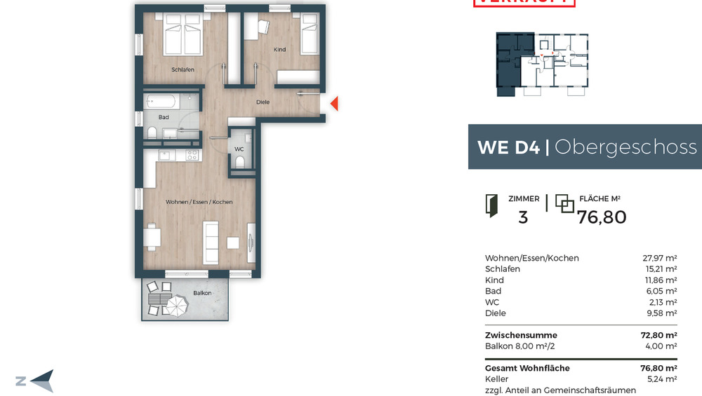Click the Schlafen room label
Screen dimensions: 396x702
(183, 69)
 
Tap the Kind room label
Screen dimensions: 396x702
(279, 50)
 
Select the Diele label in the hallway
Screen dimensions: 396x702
(263, 102)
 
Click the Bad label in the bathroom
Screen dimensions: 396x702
(164, 117)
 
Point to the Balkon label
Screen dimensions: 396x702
(202, 293)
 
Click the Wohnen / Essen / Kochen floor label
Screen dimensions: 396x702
(199, 202)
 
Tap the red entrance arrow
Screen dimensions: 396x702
(334, 104)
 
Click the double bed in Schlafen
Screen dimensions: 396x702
(183, 36)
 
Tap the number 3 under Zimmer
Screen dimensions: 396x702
(522, 217)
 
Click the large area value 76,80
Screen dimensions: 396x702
(602, 217)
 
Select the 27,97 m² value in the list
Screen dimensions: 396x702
(660, 258)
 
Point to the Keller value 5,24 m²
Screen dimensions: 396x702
(661, 379)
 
